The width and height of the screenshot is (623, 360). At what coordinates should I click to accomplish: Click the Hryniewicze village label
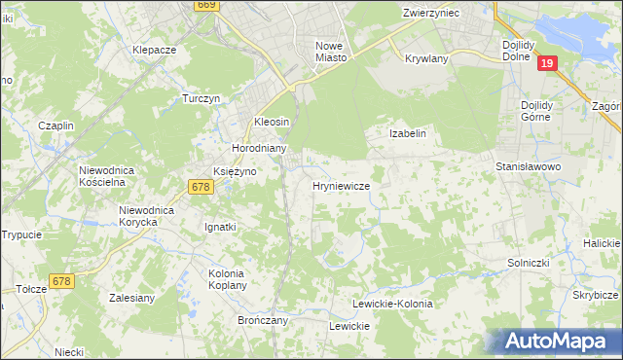(x=340, y=185)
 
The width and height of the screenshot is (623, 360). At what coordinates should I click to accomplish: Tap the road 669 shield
(x=205, y=5)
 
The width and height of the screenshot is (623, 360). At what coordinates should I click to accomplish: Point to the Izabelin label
(x=409, y=133)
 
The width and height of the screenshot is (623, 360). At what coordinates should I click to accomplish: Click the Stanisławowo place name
(x=530, y=166)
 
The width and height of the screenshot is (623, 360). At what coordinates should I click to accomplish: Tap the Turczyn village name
(x=203, y=98)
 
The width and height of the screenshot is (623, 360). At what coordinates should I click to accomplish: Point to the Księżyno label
(x=234, y=170)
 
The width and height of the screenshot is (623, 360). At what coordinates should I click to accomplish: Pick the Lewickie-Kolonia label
(x=392, y=305)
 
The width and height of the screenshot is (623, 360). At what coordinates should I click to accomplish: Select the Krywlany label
(x=425, y=57)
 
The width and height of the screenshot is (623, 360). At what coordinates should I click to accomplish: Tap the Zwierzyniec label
(x=437, y=13)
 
